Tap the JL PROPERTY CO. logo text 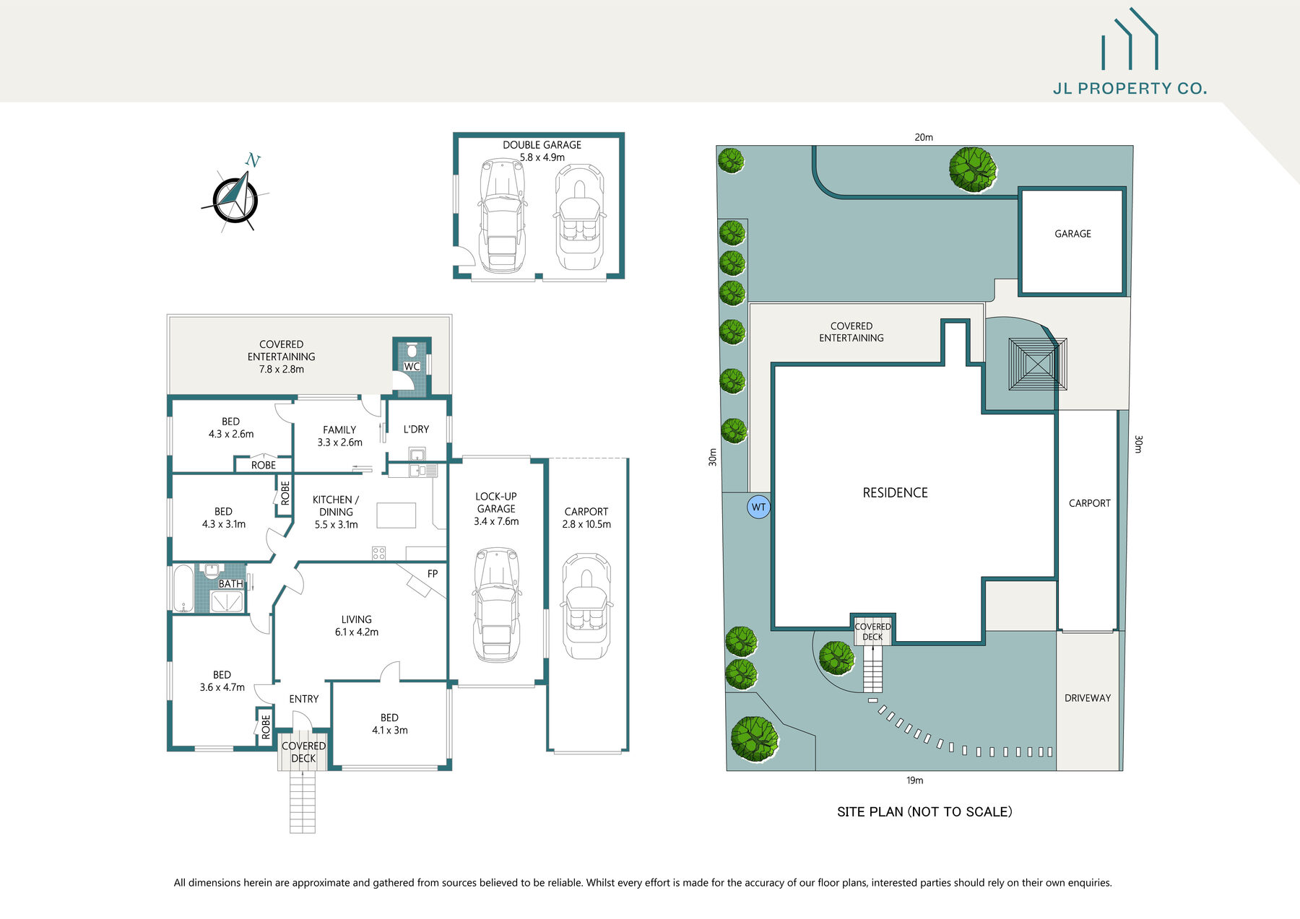(x=1130, y=89)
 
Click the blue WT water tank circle (x=758, y=507)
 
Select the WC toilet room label (x=412, y=367)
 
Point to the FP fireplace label (x=433, y=574)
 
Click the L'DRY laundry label (x=416, y=430)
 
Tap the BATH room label (x=230, y=583)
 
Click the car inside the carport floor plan (x=586, y=606)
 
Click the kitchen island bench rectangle (x=396, y=515)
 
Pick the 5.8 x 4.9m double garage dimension (x=542, y=157)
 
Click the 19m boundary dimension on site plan (x=914, y=780)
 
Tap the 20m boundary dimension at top (x=924, y=137)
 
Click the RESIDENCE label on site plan (x=895, y=493)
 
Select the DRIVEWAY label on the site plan (x=1088, y=698)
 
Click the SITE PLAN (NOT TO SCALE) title (x=924, y=812)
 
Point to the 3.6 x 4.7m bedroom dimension (x=222, y=687)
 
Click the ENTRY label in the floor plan (x=303, y=699)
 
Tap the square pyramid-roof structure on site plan (x=1038, y=365)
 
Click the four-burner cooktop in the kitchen (x=378, y=554)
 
